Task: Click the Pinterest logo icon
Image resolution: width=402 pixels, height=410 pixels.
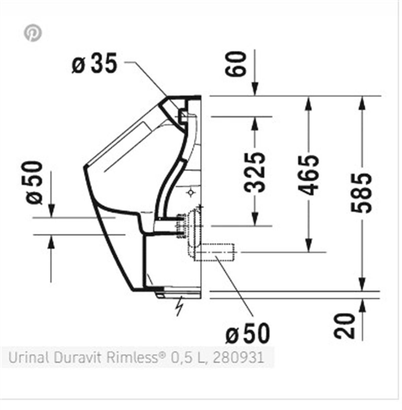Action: tap(32, 33)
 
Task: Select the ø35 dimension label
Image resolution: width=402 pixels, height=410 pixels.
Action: tap(94, 63)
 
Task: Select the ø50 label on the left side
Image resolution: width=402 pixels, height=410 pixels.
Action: tap(35, 183)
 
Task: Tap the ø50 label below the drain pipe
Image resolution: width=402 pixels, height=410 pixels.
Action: tap(248, 333)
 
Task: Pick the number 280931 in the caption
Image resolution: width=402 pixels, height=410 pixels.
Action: tap(238, 358)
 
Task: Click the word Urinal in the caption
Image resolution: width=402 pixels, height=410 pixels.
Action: tap(28, 358)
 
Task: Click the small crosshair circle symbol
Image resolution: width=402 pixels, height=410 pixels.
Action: tap(191, 193)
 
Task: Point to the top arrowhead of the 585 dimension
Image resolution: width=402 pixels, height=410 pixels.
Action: tap(361, 102)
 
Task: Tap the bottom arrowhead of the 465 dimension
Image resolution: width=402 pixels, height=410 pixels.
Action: tap(308, 245)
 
